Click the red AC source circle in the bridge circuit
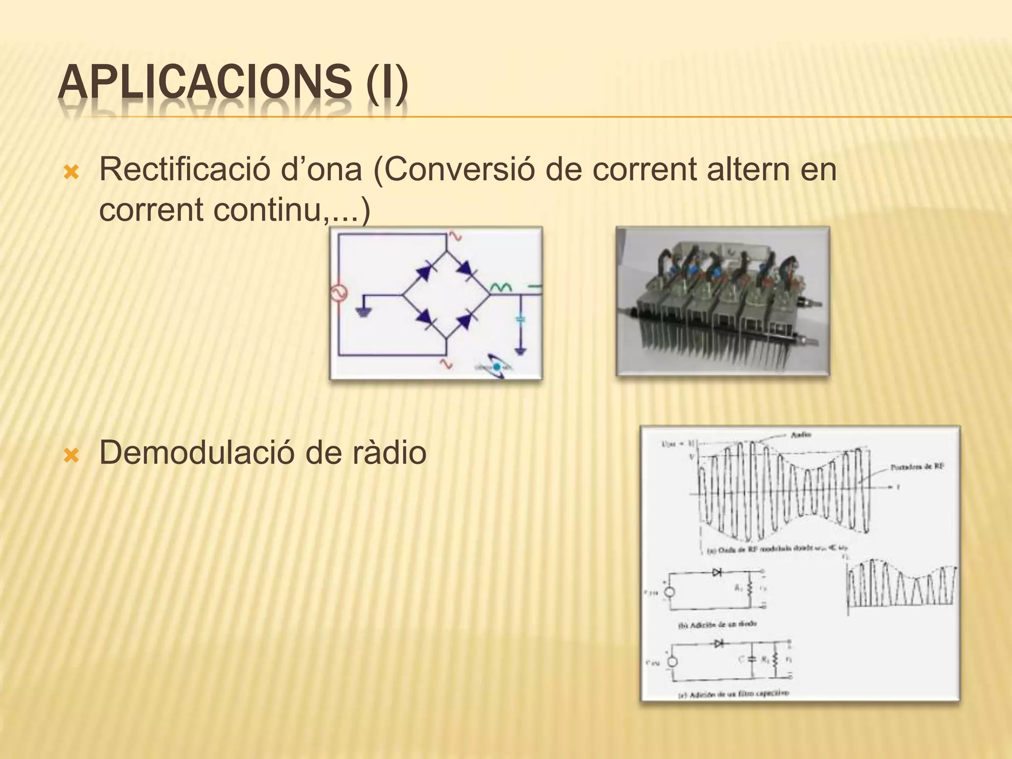(339, 294)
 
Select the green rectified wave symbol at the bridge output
(501, 287)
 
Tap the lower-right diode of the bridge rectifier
(465, 322)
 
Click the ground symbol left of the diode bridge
(363, 312)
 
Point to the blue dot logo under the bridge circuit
(496, 367)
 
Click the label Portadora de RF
(917, 466)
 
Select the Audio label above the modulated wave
(801, 435)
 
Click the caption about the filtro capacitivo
(733, 693)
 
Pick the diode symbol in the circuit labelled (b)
(717, 572)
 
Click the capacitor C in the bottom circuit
(752, 659)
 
